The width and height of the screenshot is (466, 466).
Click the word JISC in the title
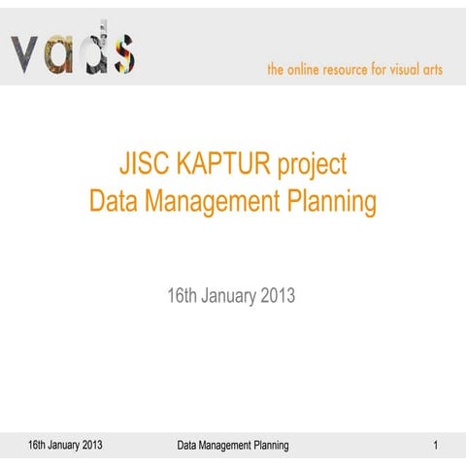coord(142,164)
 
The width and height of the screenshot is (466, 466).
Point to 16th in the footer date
coord(38,446)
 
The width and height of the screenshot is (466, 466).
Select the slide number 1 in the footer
coord(436,446)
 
